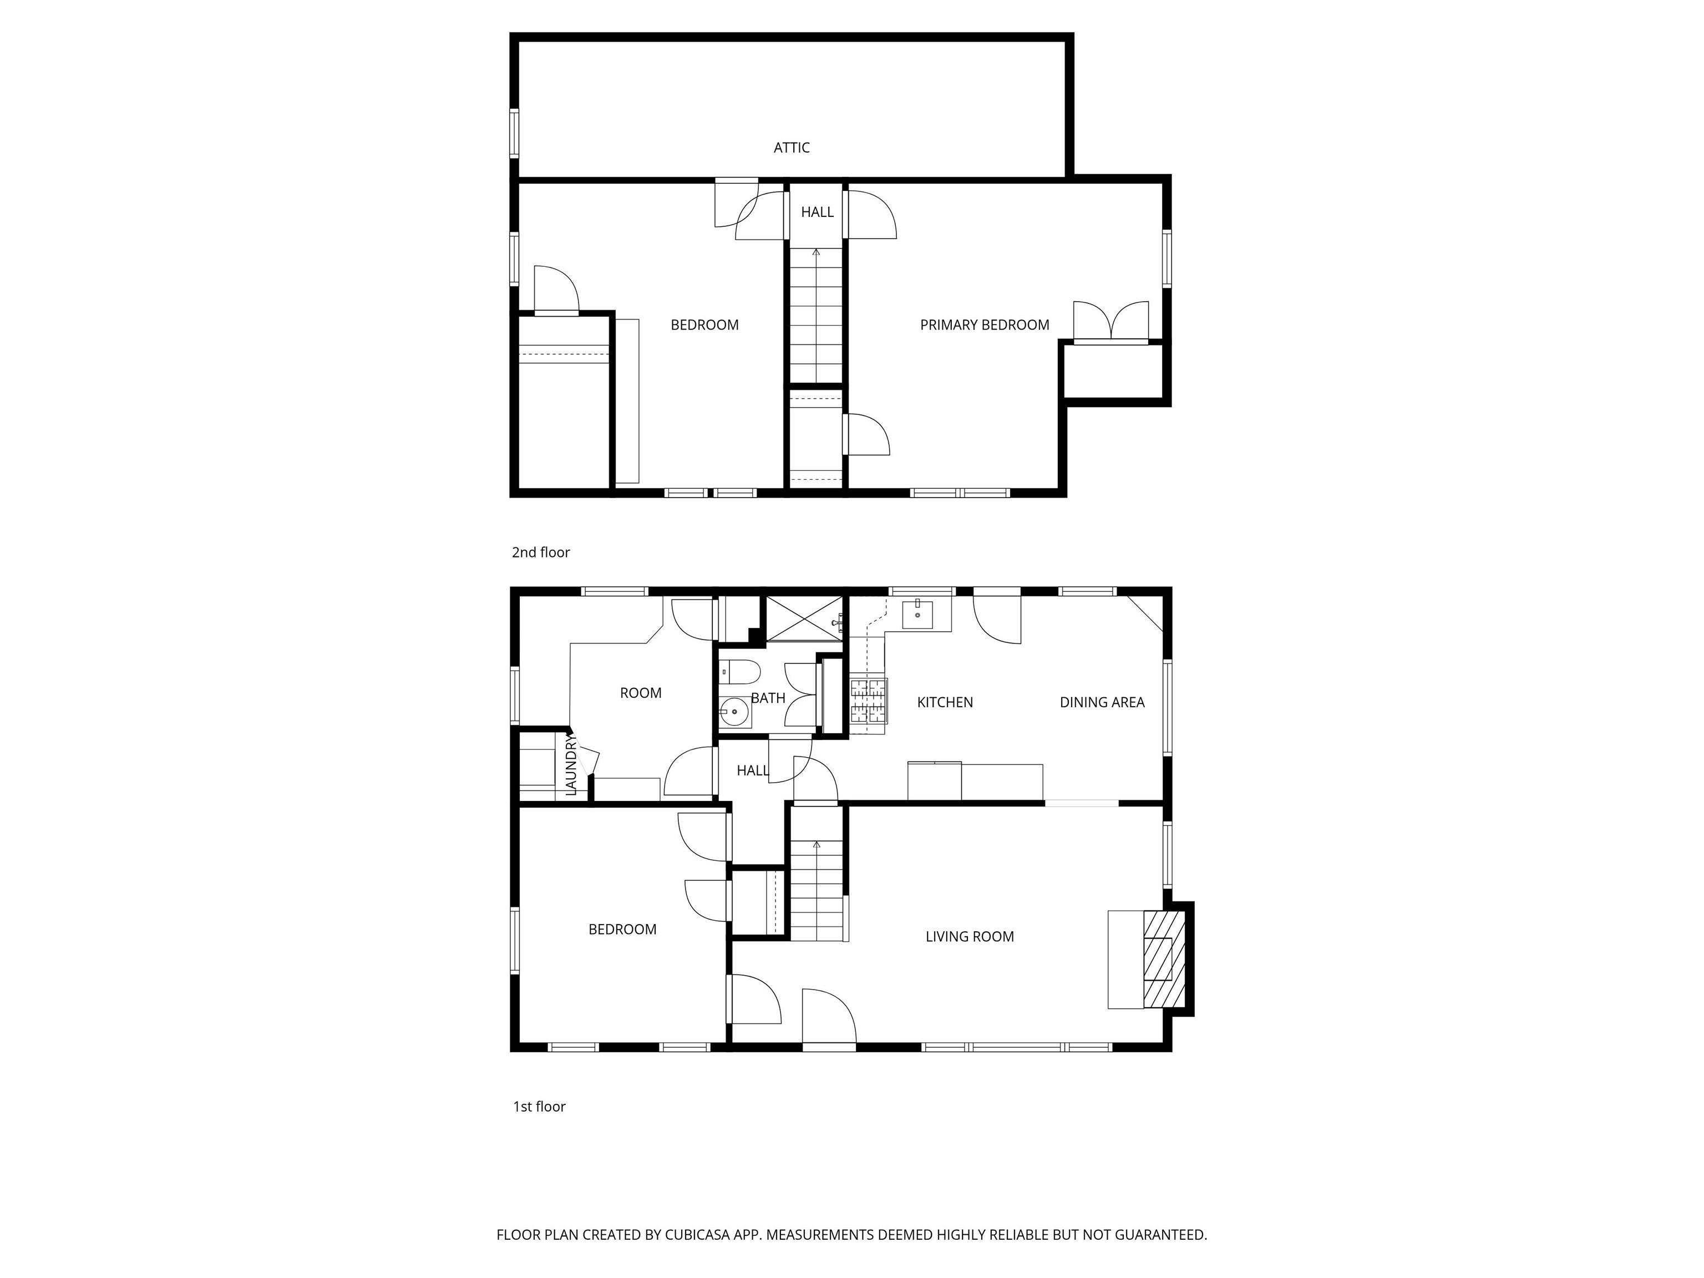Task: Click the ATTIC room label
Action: (791, 147)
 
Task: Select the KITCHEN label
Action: (945, 702)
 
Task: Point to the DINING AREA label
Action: (1102, 702)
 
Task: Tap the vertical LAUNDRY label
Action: (571, 764)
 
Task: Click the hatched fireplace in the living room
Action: (1163, 959)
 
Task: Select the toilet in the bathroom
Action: (739, 672)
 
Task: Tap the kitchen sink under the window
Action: (917, 614)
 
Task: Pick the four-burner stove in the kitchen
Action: (868, 701)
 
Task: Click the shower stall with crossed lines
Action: (803, 618)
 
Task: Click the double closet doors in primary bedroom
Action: (1111, 322)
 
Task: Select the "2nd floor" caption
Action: (541, 552)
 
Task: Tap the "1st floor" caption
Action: (539, 1106)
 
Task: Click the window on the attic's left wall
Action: (514, 133)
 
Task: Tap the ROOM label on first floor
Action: (640, 693)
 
